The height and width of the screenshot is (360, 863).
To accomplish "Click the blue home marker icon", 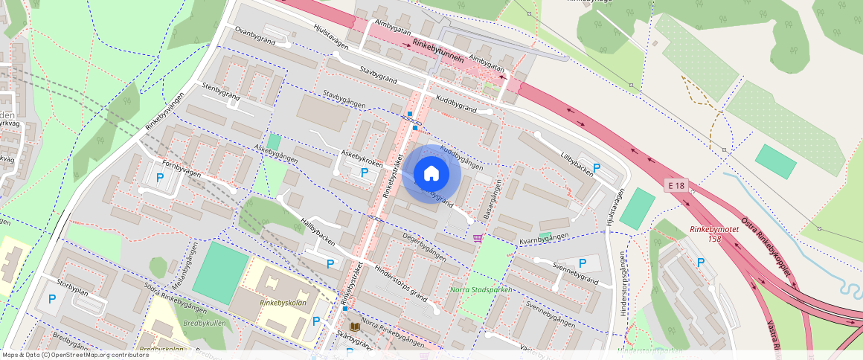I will (431, 174).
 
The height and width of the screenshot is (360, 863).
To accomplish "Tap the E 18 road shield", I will (676, 184).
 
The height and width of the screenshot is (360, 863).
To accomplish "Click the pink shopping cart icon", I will (477, 238).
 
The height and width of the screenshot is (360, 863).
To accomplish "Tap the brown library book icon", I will (355, 327).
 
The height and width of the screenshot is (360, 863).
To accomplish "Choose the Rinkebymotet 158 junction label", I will (714, 234).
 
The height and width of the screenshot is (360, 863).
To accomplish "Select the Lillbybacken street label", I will (577, 164).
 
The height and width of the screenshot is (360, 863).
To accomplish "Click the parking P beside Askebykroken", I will (365, 173).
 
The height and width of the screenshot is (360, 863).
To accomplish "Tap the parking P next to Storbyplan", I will (51, 299).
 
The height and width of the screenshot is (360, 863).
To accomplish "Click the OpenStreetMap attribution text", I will (75, 355).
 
